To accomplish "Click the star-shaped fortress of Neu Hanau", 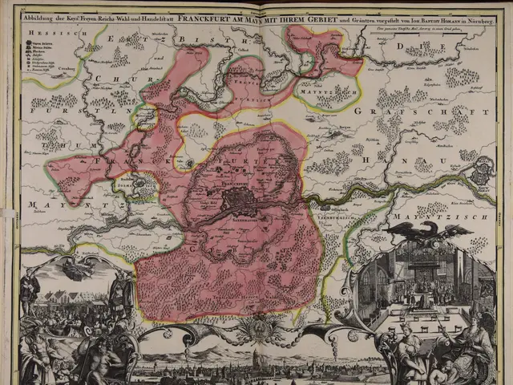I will tap(483, 169).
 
